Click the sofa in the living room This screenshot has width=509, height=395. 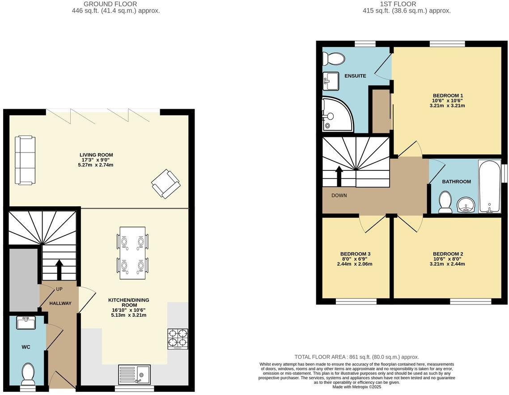click(25, 160)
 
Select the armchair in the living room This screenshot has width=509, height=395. click(165, 183)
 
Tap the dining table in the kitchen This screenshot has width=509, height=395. click(132, 253)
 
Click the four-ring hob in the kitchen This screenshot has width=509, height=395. click(178, 339)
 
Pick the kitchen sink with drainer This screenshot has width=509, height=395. click(135, 374)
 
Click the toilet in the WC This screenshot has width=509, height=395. click(28, 374)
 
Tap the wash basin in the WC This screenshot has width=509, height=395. click(25, 323)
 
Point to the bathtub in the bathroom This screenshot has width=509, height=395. click(489, 187)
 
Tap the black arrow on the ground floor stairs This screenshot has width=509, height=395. click(59, 270)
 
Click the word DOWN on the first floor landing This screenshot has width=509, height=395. click(339, 195)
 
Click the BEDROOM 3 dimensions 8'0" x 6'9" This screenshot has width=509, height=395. click(355, 259)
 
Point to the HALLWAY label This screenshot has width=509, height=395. click(60, 303)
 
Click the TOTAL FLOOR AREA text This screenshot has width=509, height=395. click(356, 357)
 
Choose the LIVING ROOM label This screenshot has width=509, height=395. click(93, 155)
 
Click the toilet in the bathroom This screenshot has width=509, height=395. click(445, 202)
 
